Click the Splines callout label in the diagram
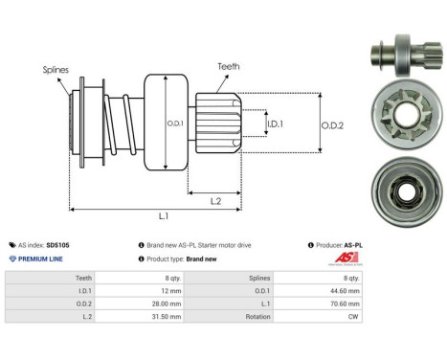[x=56, y=69]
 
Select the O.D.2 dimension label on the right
[x=331, y=122]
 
